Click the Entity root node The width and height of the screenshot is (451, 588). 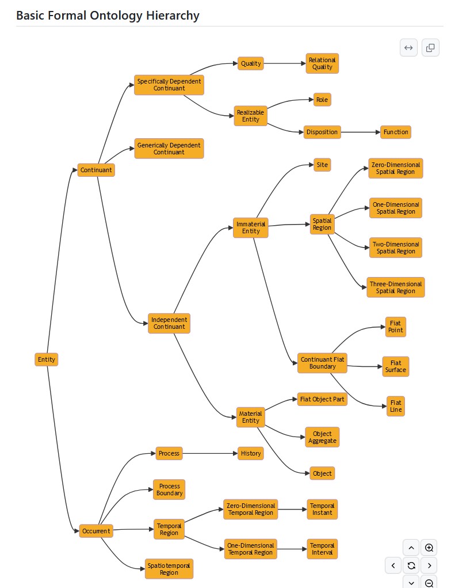[47, 359]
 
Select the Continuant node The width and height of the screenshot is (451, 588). [96, 170]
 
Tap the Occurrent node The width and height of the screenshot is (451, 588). [96, 531]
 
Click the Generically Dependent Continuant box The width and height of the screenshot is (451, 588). [169, 149]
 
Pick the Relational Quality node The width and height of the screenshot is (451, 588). [322, 63]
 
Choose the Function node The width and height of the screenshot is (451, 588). [396, 132]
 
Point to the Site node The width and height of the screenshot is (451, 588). [322, 165]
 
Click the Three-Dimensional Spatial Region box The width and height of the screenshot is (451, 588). [395, 287]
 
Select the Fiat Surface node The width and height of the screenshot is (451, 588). [396, 366]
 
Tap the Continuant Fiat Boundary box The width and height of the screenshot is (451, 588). [322, 363]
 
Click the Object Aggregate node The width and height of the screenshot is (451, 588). [322, 437]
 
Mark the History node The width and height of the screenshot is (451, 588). [251, 453]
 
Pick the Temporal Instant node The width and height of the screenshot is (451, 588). [322, 509]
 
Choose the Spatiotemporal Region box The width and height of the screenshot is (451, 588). [169, 569]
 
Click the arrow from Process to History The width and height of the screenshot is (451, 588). [210, 453]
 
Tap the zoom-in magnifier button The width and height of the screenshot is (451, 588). [429, 548]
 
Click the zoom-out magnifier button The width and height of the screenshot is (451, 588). [429, 582]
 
